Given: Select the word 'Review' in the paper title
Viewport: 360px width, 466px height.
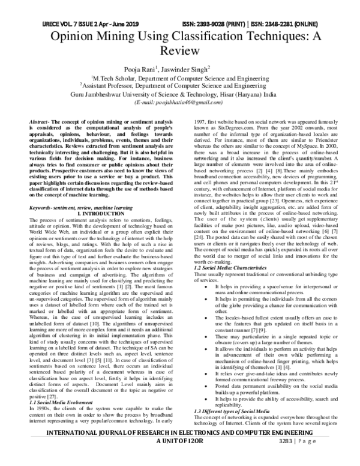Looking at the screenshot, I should click(180, 52).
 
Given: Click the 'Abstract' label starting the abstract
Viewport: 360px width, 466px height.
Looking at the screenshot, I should click(40, 122).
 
